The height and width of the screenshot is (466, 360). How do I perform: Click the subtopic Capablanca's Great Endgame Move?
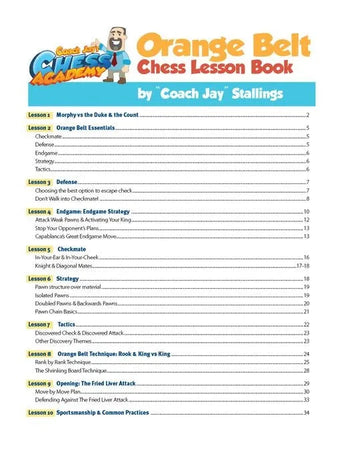click(x=89, y=236)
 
